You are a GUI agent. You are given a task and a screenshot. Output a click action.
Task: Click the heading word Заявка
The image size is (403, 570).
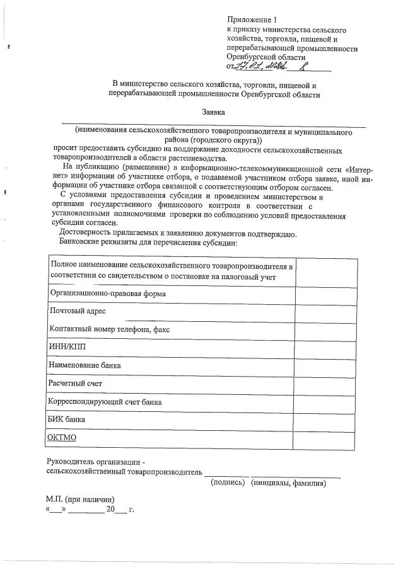pyautogui.click(x=214, y=112)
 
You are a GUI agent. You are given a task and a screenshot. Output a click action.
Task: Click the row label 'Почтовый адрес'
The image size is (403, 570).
pyautogui.click(x=78, y=311)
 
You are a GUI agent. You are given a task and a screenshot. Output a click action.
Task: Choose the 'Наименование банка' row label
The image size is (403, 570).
pyautogui.click(x=85, y=365)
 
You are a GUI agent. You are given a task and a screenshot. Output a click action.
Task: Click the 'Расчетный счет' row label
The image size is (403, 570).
pyautogui.click(x=75, y=383)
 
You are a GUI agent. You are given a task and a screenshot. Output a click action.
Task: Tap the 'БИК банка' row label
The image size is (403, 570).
pyautogui.click(x=67, y=419)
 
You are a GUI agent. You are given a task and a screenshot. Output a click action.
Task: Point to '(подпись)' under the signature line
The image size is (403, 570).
pyautogui.click(x=228, y=483)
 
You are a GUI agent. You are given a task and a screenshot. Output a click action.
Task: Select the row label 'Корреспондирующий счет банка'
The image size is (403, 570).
pyautogui.click(x=105, y=401)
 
